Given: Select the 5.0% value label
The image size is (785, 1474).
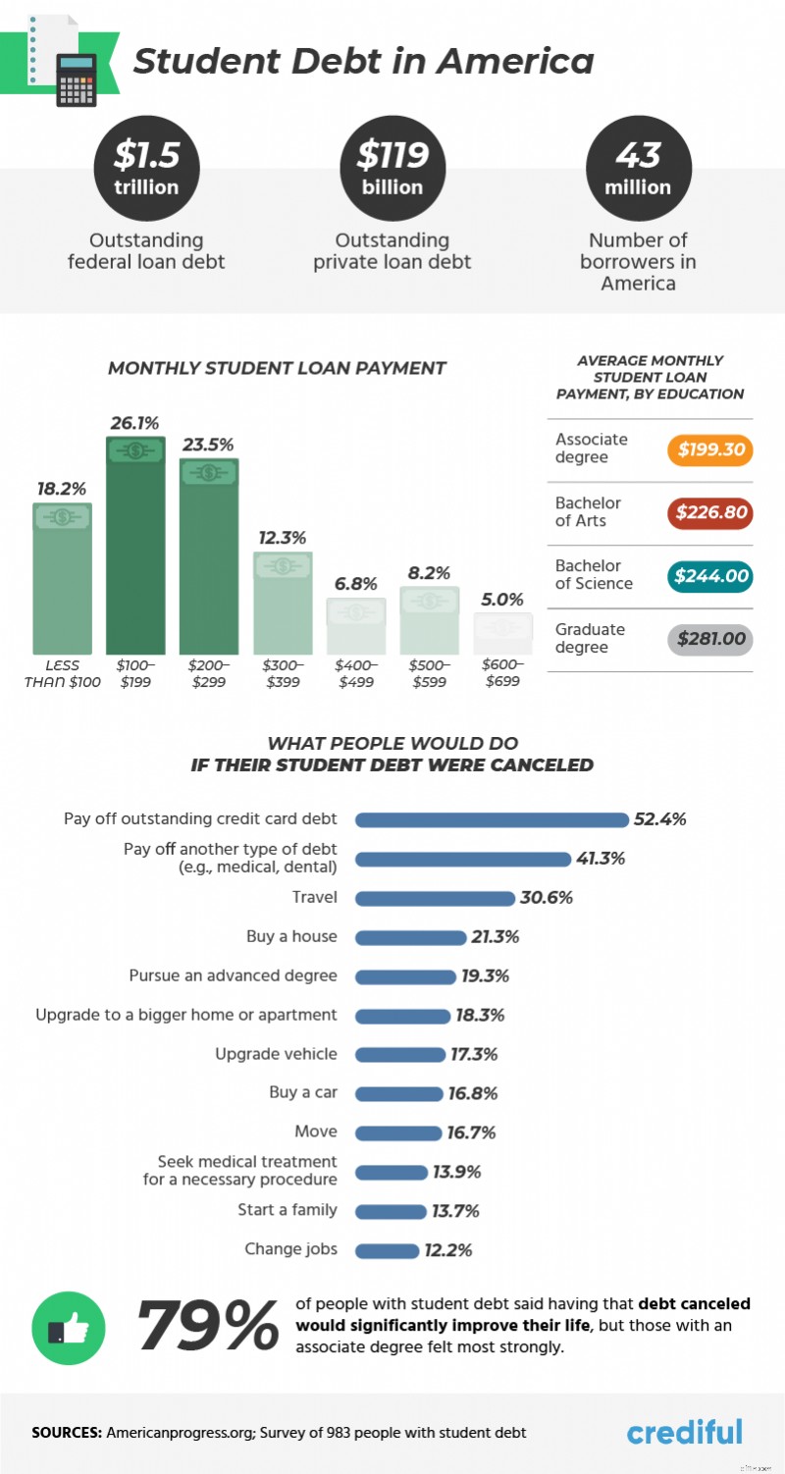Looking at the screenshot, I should click(502, 600).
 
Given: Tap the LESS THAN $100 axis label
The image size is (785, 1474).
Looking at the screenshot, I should click(62, 673).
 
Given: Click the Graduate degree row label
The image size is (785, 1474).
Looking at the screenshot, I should click(590, 639).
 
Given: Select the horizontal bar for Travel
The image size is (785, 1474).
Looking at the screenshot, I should click(434, 898).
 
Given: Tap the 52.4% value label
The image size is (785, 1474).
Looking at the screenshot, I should click(659, 819).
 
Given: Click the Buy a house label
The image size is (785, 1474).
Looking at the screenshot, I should click(291, 937).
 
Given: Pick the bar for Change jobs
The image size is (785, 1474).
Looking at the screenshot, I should click(386, 1250).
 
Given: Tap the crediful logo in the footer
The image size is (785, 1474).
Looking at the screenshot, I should click(684, 1432).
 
